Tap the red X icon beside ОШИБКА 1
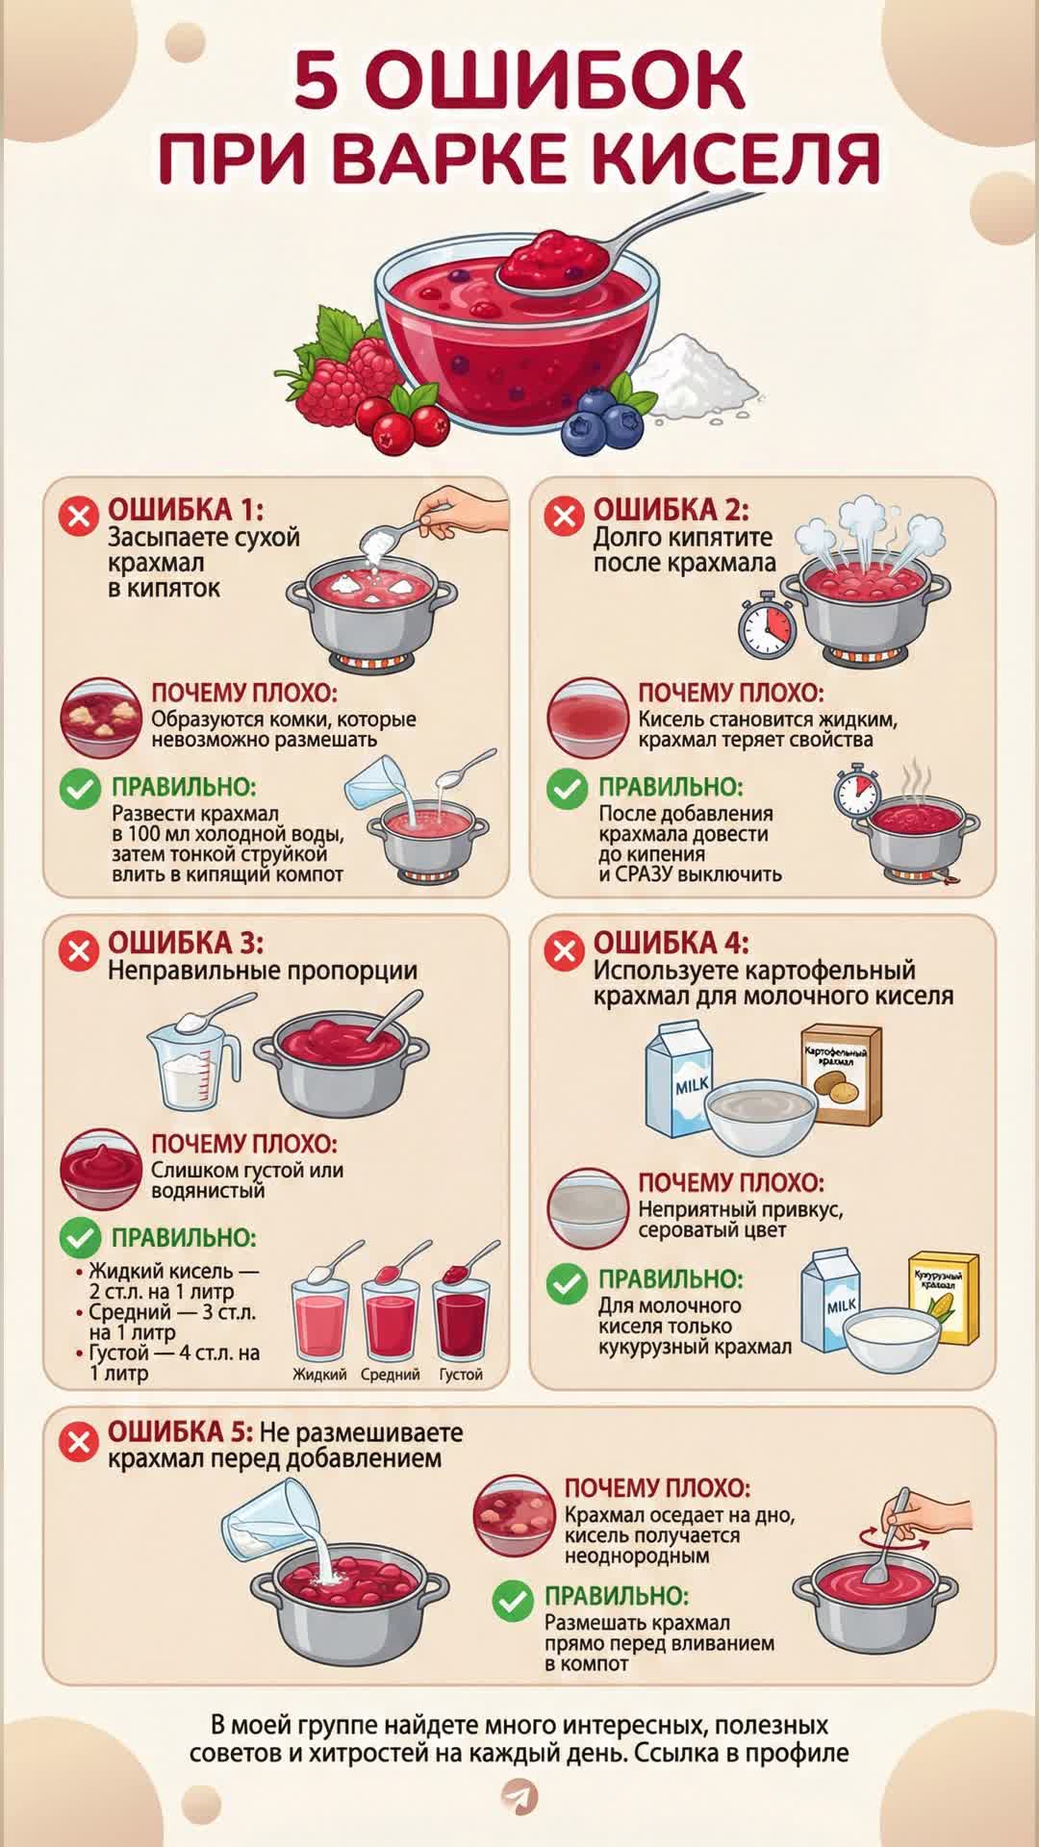[79, 517]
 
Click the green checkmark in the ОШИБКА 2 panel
[567, 789]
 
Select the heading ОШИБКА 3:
[185, 943]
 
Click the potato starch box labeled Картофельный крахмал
[842, 1075]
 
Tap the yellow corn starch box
[945, 1299]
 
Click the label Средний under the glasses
[391, 1375]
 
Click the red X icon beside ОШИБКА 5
[79, 1441]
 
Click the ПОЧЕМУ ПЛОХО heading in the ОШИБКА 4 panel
[731, 1182]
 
